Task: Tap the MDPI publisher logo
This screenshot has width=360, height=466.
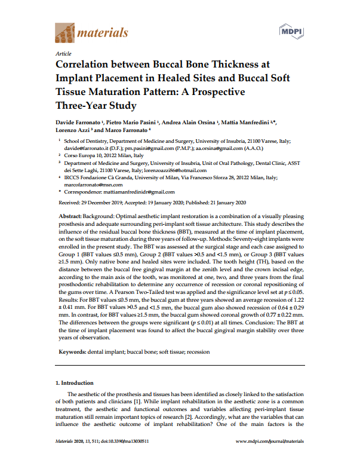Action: pyautogui.click(x=291, y=31)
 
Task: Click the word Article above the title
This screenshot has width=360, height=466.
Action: pyautogui.click(x=62, y=54)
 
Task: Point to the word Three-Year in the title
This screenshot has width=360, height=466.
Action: pyautogui.click(x=82, y=106)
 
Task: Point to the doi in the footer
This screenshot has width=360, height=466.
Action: pyautogui.click(x=124, y=441)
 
